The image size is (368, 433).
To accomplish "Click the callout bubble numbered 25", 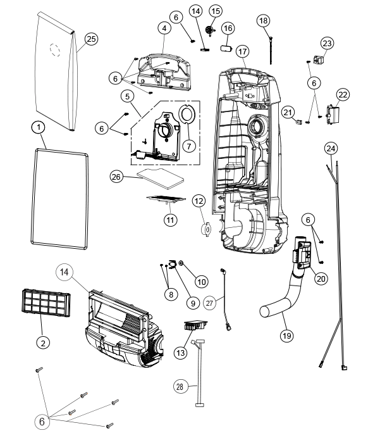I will pos(90,39).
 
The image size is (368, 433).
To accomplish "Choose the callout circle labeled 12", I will pos(199,201).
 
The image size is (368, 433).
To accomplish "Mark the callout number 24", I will pos(331,148).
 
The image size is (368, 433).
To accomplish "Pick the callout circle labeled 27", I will pos(210,303).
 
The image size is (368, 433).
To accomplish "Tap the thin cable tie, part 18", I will pos(270,47).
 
